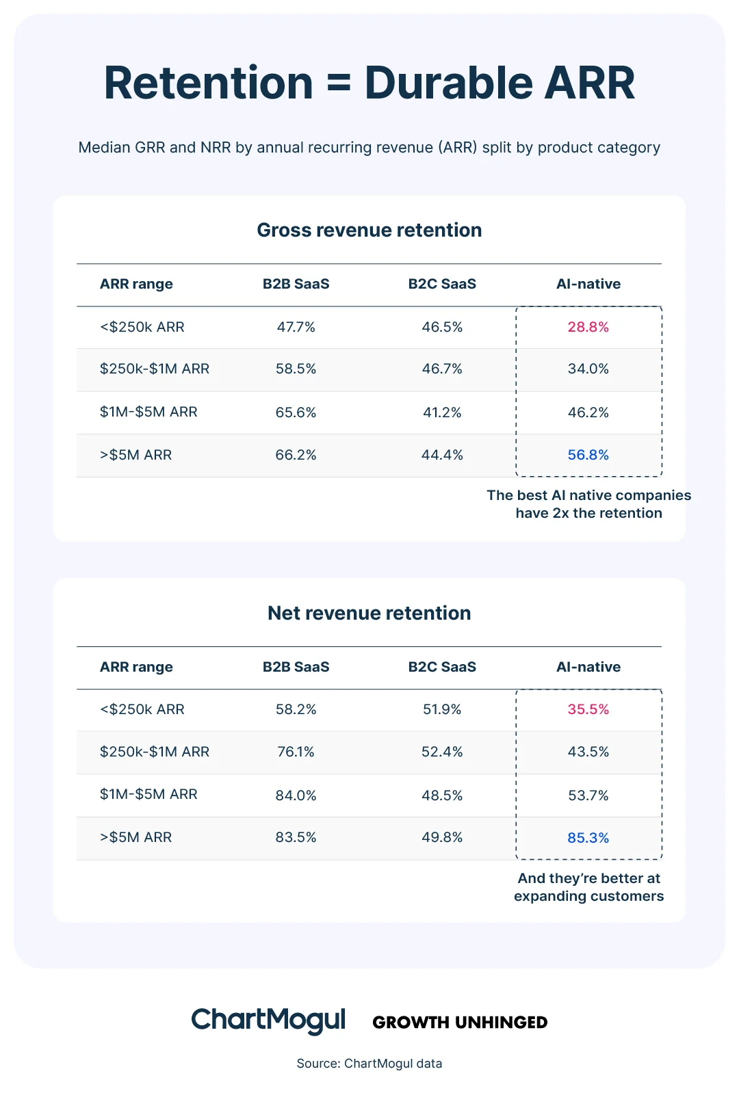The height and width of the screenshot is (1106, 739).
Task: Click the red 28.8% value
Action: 588,327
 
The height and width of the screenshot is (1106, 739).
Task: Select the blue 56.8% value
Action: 588,455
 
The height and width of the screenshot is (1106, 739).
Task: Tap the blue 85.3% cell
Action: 588,838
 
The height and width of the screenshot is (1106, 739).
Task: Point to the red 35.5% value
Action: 588,709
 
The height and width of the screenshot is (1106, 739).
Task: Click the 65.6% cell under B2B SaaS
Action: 296,412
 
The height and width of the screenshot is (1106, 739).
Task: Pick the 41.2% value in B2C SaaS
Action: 442,412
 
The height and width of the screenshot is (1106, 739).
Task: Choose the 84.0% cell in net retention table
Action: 296,795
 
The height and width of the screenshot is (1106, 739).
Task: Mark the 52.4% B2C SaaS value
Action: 442,752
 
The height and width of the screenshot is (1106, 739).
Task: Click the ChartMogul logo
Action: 268,1021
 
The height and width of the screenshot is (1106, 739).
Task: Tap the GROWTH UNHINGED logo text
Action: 460,1023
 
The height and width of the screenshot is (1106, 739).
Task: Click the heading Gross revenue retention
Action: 369,230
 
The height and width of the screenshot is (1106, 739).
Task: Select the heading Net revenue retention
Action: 369,613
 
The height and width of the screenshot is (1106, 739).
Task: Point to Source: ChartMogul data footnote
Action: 369,1064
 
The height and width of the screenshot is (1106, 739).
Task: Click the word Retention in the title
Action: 208,83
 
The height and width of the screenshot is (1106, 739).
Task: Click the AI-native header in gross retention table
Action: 588,284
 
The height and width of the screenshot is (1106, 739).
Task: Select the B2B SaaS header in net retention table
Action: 296,667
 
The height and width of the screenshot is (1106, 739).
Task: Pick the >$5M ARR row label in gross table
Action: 135,455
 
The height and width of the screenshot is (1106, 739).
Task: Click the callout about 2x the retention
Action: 588,504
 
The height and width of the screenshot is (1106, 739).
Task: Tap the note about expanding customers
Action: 588,887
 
